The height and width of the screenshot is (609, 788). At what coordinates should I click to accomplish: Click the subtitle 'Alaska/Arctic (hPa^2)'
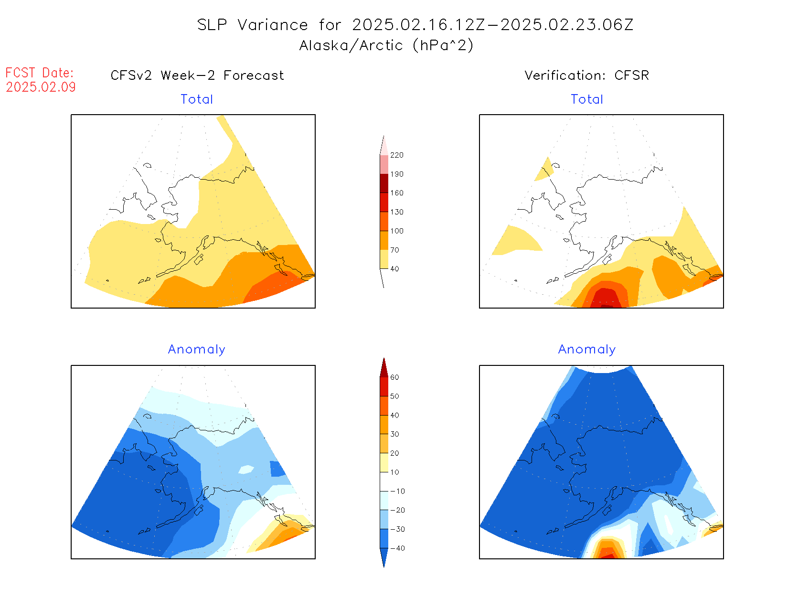[386, 45]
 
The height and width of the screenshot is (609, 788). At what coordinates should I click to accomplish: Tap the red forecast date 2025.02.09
[41, 87]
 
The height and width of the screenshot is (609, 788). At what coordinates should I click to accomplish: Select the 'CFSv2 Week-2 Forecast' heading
[197, 75]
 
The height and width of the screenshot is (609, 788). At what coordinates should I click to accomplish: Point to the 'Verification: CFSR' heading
[586, 75]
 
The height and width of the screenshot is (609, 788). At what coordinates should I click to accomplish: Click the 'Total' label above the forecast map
[196, 99]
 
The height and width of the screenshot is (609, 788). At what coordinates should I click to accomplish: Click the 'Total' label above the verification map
[587, 99]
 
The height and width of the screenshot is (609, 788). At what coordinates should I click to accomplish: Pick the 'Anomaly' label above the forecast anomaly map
[196, 350]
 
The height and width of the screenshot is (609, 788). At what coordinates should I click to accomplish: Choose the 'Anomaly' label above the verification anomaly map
[587, 350]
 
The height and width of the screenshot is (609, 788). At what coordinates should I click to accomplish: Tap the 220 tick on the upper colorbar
[396, 155]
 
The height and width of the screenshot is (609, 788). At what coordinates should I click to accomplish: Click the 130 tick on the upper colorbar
[396, 212]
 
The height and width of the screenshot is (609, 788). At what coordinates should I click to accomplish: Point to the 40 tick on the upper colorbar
[394, 269]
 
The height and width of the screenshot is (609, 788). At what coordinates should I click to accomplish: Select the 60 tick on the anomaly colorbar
[394, 377]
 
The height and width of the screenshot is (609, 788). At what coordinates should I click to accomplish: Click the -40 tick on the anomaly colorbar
[397, 548]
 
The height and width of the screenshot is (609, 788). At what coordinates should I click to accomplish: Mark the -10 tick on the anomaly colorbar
[397, 491]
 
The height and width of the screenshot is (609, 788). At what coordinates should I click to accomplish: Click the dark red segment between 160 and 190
[384, 183]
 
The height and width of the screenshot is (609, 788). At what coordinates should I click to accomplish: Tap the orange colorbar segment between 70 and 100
[384, 240]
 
